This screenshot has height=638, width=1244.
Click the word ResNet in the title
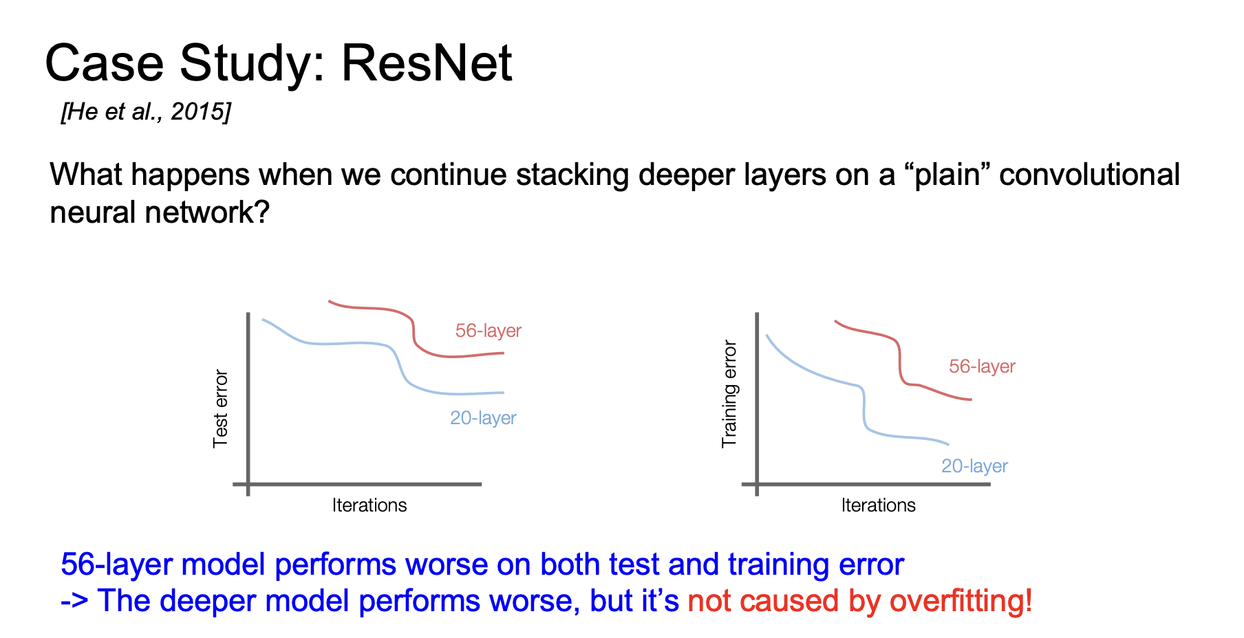tap(427, 63)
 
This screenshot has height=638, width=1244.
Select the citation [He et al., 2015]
tap(146, 111)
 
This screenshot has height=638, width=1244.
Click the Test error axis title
tap(220, 409)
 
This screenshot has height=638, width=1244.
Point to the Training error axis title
tap(729, 395)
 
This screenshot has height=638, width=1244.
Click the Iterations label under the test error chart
tap(369, 505)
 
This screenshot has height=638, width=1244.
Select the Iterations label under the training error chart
tap(879, 505)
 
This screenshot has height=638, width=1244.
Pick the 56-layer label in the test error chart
tap(489, 331)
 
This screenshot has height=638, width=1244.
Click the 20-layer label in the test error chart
tap(483, 418)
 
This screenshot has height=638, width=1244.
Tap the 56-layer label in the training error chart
tap(982, 366)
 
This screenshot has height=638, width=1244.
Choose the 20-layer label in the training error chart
tap(974, 466)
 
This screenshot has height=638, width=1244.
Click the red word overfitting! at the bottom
tap(961, 601)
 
